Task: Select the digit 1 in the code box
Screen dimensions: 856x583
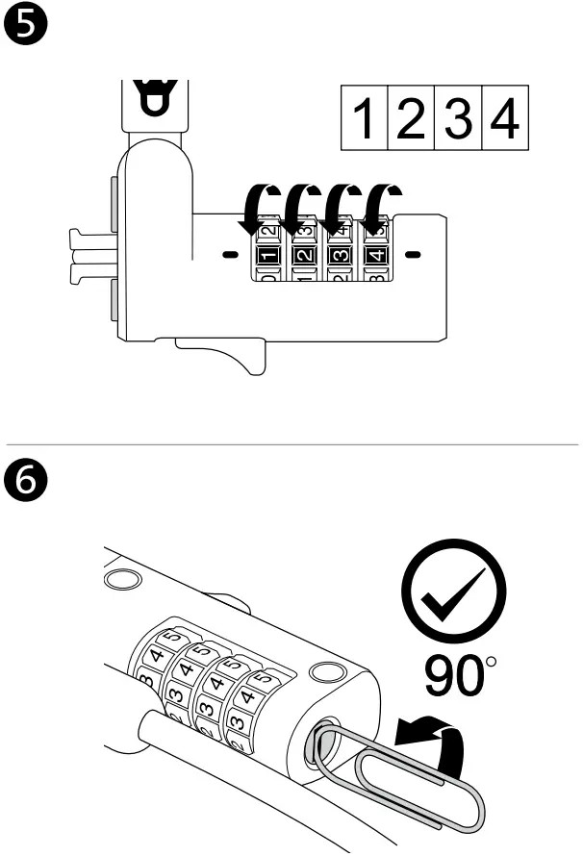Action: [x=365, y=118]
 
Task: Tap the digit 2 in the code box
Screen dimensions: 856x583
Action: [x=411, y=118]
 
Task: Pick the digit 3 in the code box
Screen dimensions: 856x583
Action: [x=457, y=118]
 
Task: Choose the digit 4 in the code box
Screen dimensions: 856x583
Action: [x=503, y=118]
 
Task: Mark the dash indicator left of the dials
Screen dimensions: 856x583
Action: [x=228, y=256]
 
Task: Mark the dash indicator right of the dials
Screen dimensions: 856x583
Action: [x=412, y=256]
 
